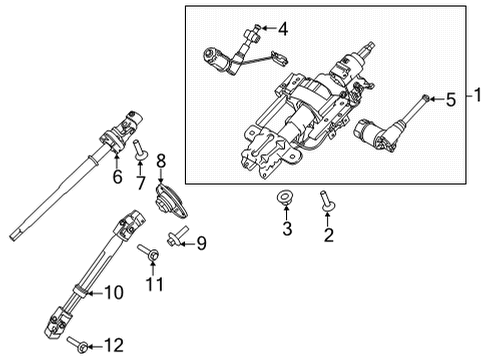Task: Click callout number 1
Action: click(477, 97)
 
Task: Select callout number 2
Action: click(326, 236)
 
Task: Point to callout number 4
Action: click(282, 28)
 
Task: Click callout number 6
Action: click(117, 177)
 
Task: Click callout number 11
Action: click(153, 287)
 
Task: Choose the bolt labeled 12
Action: click(79, 346)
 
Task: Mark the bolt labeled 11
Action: click(148, 255)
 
